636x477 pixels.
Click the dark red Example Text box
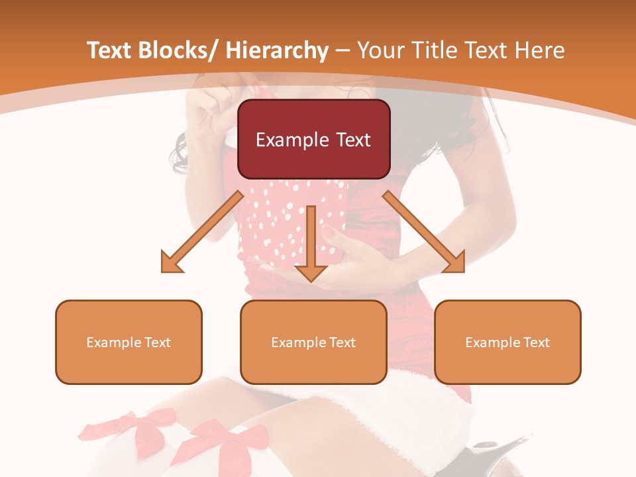(x=313, y=139)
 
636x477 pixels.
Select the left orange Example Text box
(x=129, y=342)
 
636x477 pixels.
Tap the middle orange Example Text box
(x=313, y=342)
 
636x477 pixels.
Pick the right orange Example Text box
(x=507, y=342)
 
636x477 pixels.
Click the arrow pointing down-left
(x=202, y=233)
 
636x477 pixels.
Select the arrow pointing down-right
(x=424, y=233)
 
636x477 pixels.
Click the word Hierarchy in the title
(x=276, y=50)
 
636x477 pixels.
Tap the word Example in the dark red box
(x=292, y=140)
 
